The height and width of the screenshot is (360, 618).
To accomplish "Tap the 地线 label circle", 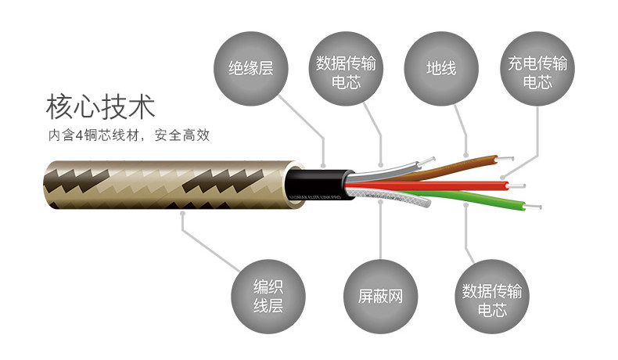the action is click(441, 68).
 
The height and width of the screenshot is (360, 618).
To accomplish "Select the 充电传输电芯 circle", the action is click(537, 68).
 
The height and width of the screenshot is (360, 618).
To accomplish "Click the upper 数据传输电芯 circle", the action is click(346, 68).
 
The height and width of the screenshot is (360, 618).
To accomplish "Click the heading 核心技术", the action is click(100, 105).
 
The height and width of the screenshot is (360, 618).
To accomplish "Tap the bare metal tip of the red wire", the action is click(516, 185).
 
